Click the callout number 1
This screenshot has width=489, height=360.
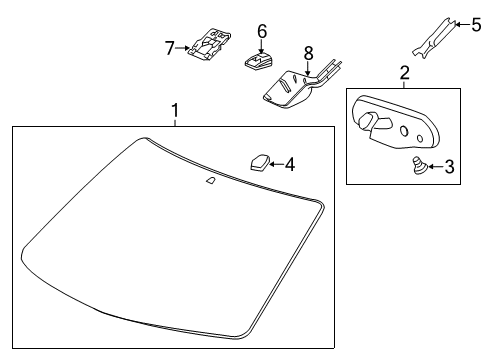(176, 109)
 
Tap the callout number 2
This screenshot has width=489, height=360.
(404, 72)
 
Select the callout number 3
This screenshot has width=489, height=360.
(448, 167)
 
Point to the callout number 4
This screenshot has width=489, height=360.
(289, 163)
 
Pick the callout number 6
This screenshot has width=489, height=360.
(261, 31)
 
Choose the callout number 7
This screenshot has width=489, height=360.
(170, 46)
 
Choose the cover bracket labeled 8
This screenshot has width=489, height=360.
(290, 86)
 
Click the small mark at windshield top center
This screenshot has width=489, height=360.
(210, 180)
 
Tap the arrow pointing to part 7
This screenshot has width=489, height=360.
(183, 46)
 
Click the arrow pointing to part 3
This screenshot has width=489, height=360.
(432, 167)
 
